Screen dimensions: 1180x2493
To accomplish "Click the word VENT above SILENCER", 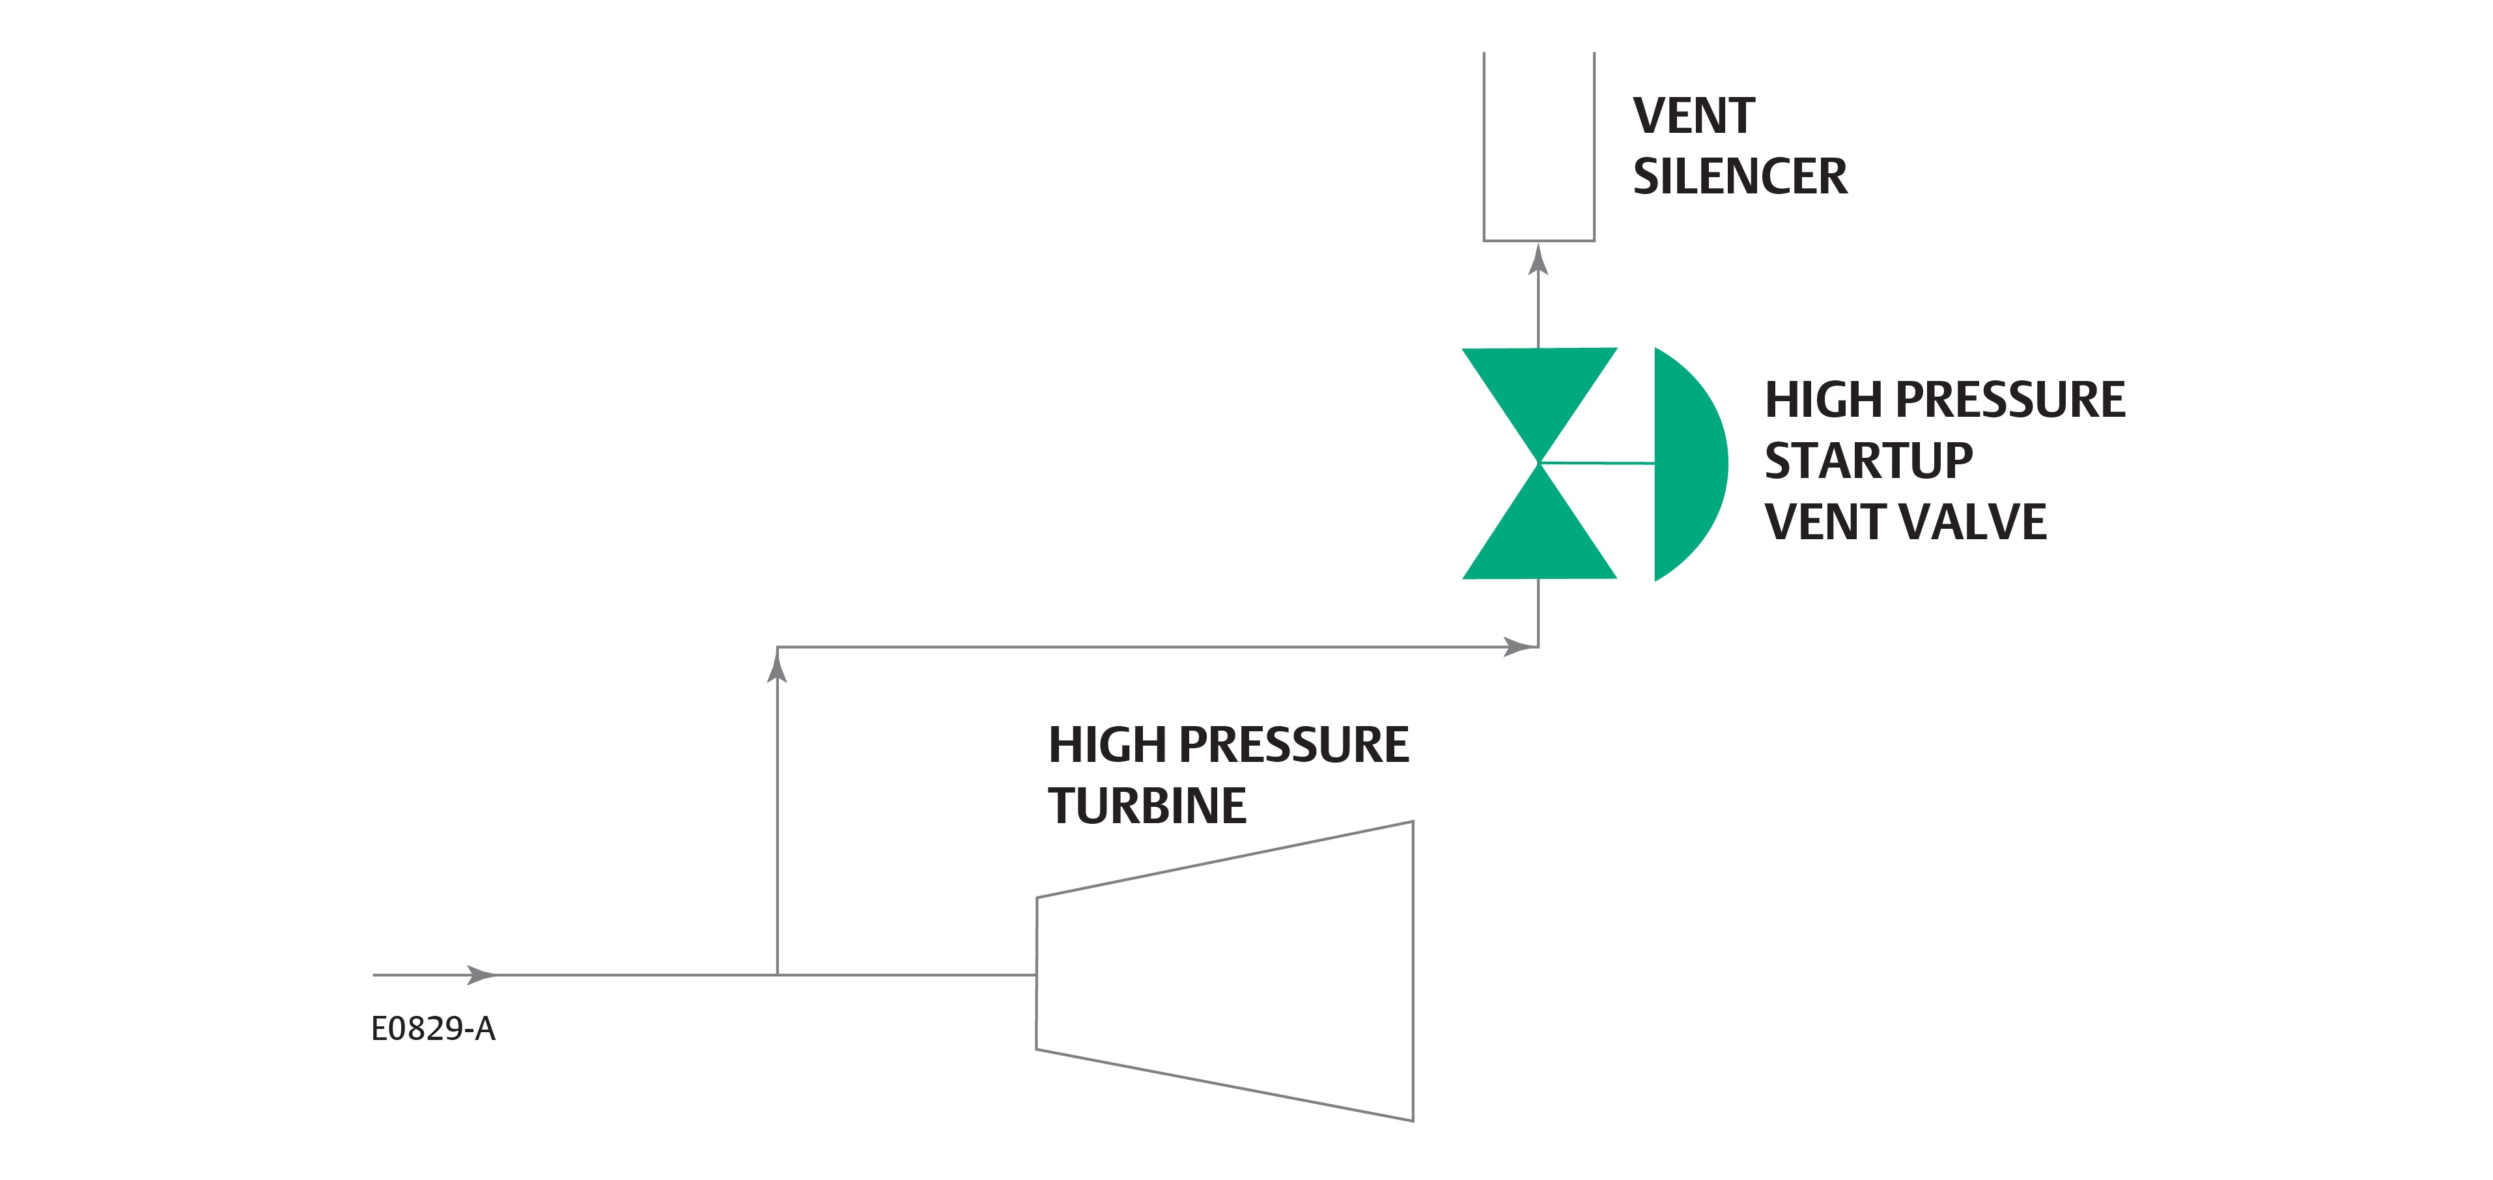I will click(x=1694, y=116).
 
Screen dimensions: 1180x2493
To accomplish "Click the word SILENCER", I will click(x=1739, y=177).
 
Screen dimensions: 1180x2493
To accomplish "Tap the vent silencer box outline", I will click(x=1539, y=238).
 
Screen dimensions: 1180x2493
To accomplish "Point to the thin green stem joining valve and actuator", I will click(x=1597, y=464).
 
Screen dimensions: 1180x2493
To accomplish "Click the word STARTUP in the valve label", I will click(x=1868, y=461).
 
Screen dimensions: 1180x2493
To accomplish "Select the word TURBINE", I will click(x=1147, y=806).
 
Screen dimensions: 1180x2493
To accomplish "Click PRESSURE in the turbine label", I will click(x=1293, y=746).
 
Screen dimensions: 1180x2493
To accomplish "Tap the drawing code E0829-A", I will click(x=432, y=1029).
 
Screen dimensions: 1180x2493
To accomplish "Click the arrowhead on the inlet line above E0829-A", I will click(x=481, y=975).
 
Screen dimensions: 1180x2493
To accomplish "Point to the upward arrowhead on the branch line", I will click(x=777, y=668).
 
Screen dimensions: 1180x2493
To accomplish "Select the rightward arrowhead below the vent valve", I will click(x=1517, y=647).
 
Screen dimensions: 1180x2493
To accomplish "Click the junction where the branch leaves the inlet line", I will click(x=777, y=975).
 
